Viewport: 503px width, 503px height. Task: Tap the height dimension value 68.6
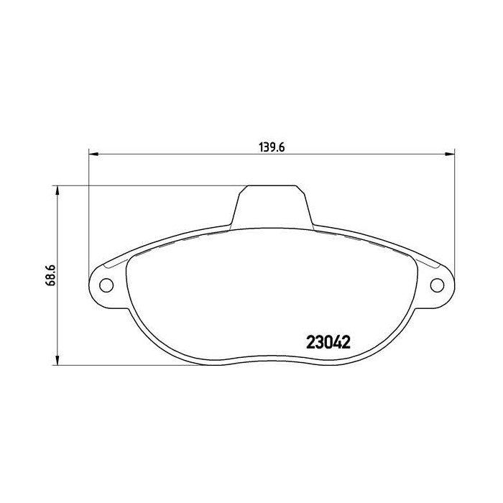(51, 274)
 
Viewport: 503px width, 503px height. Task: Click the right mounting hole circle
(437, 285)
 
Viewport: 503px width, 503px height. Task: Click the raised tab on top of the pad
(272, 205)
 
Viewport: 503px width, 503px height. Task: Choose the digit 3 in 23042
(313, 343)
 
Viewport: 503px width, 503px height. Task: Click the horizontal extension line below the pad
(108, 364)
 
